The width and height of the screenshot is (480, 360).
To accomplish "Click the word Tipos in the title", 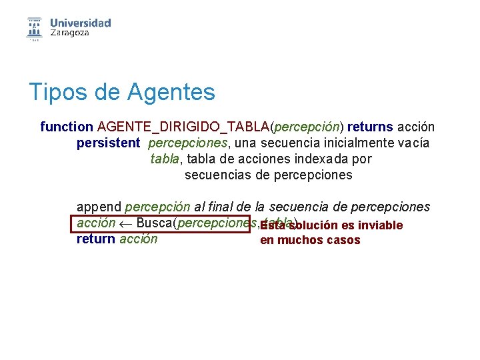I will pyautogui.click(x=53, y=92).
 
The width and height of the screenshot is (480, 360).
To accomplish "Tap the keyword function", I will pyautogui.click(x=67, y=126).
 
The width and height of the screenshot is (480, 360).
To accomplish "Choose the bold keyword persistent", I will pyautogui.click(x=108, y=143).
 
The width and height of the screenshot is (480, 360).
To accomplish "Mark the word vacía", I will pyautogui.click(x=414, y=143).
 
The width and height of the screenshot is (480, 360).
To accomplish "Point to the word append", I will pyautogui.click(x=99, y=207).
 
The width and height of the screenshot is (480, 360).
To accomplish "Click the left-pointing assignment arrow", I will pyautogui.click(x=125, y=223).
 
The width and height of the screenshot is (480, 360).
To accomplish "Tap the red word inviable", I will pyautogui.click(x=381, y=225).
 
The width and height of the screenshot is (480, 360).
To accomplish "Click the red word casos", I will pyautogui.click(x=343, y=240).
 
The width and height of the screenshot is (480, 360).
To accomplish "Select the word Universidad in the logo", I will pyautogui.click(x=80, y=23).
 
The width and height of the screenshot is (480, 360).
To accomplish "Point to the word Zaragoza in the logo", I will pyautogui.click(x=69, y=33).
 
